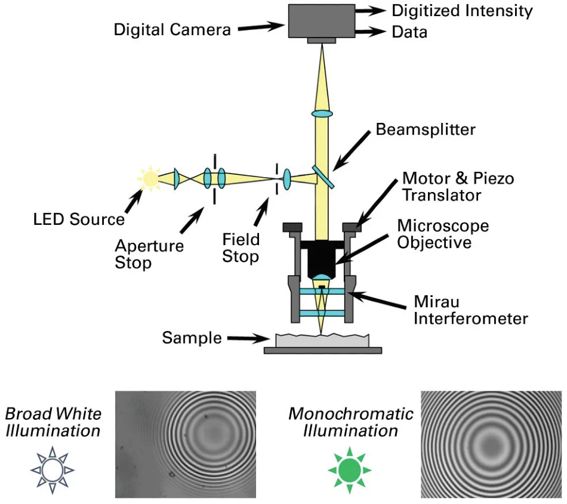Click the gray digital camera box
click(322, 21)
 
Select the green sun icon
click(349, 471)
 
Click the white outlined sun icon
click(52, 471)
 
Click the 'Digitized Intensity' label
click(461, 10)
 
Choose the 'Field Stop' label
click(241, 248)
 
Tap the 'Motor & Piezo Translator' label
click(458, 187)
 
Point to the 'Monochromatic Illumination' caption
click(351, 422)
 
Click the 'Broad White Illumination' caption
click(53, 422)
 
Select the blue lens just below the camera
click(322, 113)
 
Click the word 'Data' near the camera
click(409, 32)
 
